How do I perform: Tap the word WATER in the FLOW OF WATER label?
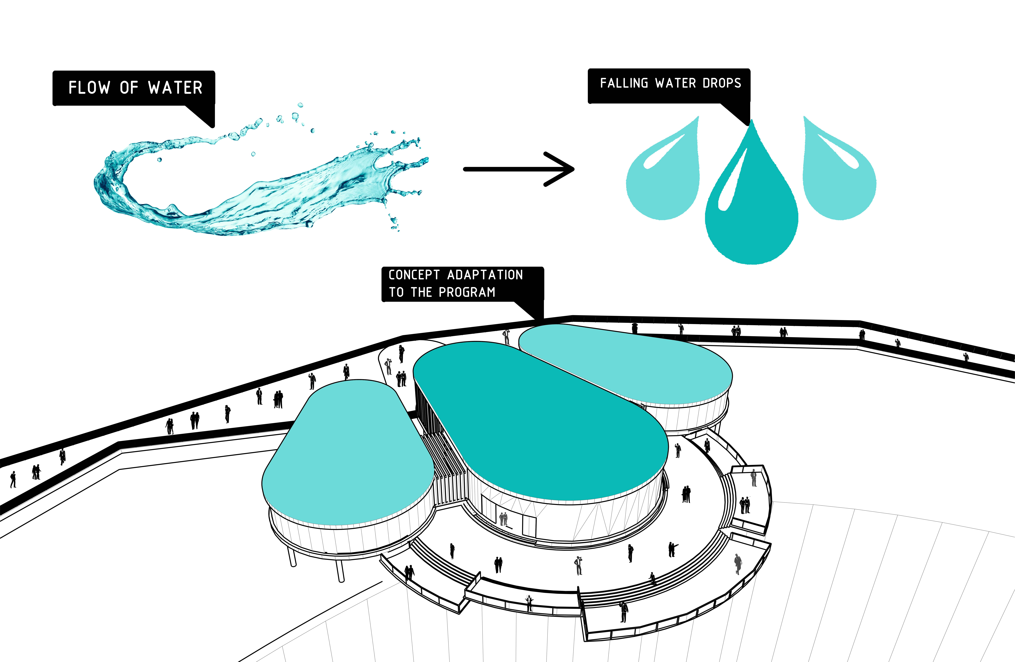(x=175, y=88)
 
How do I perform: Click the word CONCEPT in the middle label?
(x=414, y=275)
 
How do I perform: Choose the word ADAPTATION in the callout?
(x=485, y=275)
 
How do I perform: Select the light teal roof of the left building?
(x=348, y=452)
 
